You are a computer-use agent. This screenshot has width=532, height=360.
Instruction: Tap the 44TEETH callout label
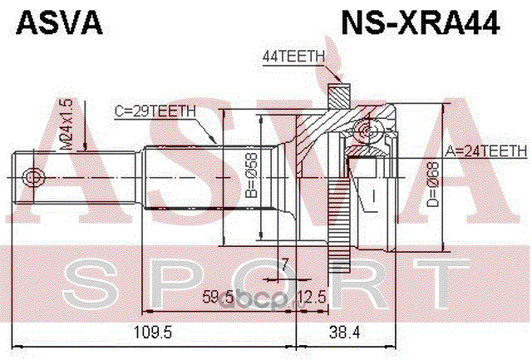click(293, 57)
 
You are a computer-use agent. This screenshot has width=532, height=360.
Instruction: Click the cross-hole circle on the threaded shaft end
click(32, 177)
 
